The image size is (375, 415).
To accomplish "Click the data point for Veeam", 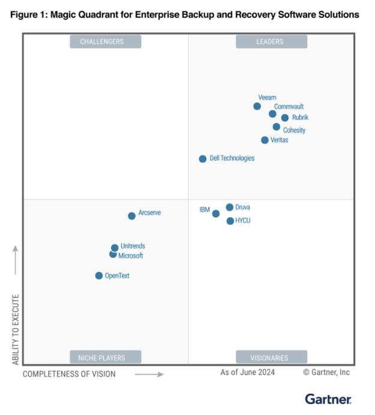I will click(257, 106).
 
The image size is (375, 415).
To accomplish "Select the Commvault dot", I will click(272, 114).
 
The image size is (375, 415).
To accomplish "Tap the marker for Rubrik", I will click(285, 118).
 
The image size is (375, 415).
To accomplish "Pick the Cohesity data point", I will click(276, 127).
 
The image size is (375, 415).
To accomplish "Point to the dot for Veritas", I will click(265, 140).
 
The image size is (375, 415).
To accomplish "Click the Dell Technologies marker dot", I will click(203, 159).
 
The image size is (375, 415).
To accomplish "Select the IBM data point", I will click(216, 214).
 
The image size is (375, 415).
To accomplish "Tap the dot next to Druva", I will click(230, 207).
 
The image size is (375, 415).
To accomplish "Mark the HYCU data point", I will click(230, 221).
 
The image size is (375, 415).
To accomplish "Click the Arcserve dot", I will click(132, 216).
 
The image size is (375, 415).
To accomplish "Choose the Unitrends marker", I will click(115, 248).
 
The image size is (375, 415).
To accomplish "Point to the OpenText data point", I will click(99, 275).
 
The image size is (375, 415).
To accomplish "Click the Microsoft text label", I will click(130, 256).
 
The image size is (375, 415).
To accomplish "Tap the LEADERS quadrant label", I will click(272, 41).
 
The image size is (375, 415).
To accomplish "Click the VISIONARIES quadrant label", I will click(271, 357).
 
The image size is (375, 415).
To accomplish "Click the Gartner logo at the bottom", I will click(328, 399).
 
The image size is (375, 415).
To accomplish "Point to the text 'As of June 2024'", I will click(248, 372).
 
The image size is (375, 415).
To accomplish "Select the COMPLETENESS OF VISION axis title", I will click(69, 374).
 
